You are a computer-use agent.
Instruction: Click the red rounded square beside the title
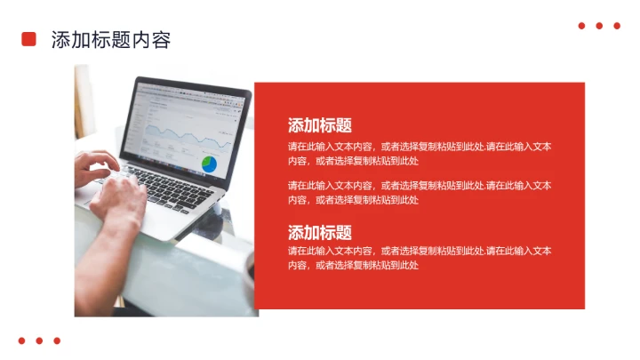point(28,39)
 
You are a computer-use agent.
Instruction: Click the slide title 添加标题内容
point(110,40)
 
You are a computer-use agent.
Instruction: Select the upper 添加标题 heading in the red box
point(319,125)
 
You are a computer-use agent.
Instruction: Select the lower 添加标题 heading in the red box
point(319,233)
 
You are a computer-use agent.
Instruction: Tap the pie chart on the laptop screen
point(210,164)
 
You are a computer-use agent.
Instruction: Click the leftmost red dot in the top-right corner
point(581,26)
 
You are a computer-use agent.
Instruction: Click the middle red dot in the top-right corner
point(599,26)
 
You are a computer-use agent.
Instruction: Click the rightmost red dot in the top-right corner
point(617,26)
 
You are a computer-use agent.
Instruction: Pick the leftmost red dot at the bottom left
point(21,340)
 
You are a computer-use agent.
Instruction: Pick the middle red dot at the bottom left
point(39,340)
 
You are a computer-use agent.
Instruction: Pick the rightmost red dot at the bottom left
point(57,340)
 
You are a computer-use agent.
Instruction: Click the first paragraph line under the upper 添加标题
point(419,147)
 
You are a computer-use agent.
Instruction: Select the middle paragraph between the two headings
point(419,192)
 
